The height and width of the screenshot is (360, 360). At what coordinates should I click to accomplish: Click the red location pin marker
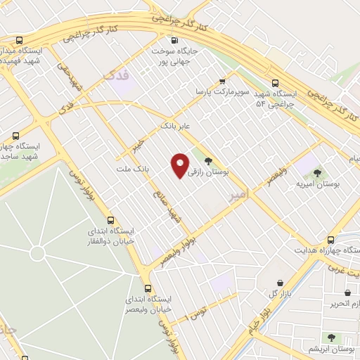[x=180, y=165]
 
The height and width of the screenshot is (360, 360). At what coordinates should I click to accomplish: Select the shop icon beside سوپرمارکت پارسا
[x=223, y=81]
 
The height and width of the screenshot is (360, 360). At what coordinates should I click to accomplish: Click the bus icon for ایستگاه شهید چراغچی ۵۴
[x=275, y=81]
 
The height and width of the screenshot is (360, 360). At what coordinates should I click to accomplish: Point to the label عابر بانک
[x=176, y=126]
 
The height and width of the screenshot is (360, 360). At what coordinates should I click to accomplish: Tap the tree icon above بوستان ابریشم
[x=331, y=337]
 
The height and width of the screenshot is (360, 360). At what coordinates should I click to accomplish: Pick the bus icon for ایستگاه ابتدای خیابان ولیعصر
[x=147, y=288]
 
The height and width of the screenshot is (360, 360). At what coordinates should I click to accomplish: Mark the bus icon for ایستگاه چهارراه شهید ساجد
[x=15, y=135]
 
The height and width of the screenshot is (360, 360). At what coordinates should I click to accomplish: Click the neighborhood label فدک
[x=117, y=75]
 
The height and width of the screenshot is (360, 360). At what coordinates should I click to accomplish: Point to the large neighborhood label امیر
[x=238, y=199]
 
